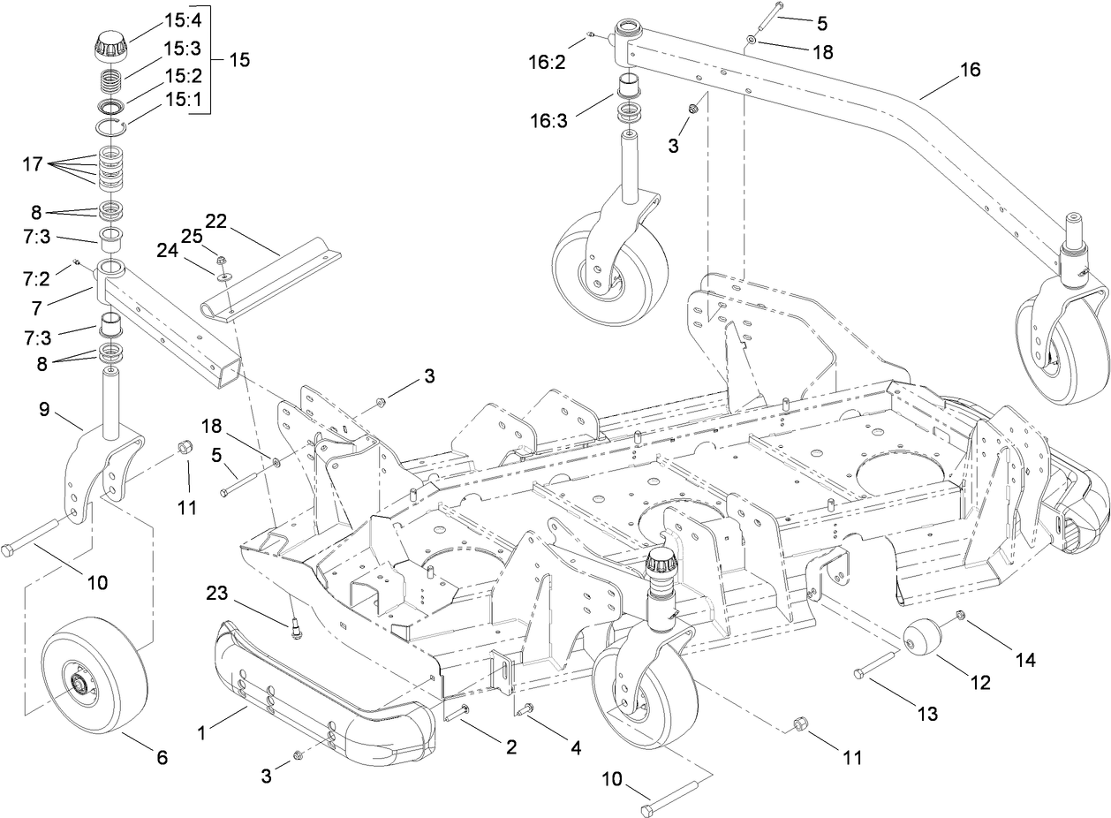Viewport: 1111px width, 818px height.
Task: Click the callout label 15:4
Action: (182, 17)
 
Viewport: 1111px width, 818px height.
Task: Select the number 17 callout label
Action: (33, 163)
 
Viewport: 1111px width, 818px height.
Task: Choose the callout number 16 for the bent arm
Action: (970, 71)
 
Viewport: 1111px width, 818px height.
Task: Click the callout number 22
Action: (216, 220)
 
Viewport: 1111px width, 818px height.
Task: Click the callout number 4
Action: (575, 747)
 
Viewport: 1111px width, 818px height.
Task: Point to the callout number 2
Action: (510, 747)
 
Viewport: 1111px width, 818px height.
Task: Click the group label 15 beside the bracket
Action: (238, 60)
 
